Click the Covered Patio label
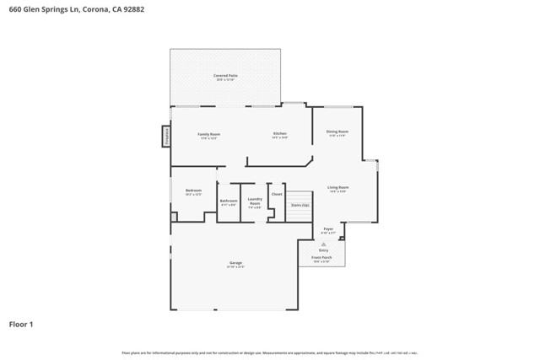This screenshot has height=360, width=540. [x=225, y=76]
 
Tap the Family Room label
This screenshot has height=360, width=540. [x=208, y=135]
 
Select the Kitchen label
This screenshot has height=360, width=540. [x=280, y=135]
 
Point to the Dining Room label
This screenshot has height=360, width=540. [x=337, y=132]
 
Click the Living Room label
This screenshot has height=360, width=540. [x=338, y=187]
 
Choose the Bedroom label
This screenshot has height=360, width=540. [x=193, y=191]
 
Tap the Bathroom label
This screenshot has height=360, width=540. [x=229, y=201]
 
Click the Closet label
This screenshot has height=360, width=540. [x=277, y=194]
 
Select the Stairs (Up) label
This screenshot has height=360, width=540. [x=300, y=205]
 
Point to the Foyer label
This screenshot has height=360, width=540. [x=329, y=228]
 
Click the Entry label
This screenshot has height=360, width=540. [x=323, y=249]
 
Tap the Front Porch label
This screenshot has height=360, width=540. [x=321, y=257]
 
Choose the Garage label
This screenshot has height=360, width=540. [x=235, y=263]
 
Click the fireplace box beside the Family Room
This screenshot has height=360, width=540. [x=166, y=136]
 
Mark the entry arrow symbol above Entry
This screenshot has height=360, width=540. [x=323, y=243]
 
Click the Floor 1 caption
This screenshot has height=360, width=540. [x=21, y=324]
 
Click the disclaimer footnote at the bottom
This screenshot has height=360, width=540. [x=270, y=352]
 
